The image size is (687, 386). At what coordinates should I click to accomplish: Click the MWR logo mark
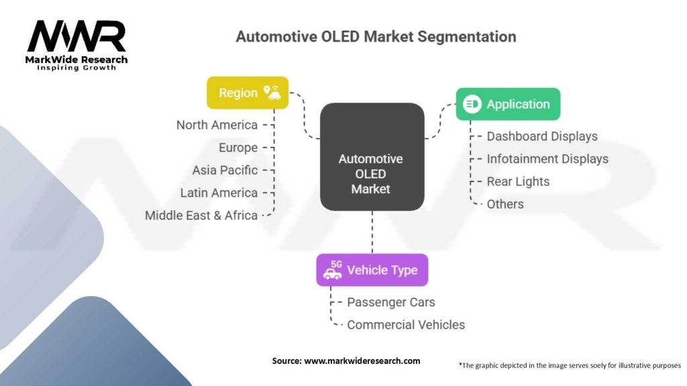[x=76, y=36]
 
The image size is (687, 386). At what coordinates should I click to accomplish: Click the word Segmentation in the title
[x=467, y=36]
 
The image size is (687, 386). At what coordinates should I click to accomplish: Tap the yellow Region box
[x=248, y=92]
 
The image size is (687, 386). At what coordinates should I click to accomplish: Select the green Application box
[x=508, y=104]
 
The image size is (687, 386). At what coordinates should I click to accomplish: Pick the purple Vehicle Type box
[x=372, y=270]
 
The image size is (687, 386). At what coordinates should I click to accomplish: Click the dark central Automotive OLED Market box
[x=372, y=157]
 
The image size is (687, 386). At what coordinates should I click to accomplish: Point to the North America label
[x=217, y=125]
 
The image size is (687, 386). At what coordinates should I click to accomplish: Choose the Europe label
[x=238, y=148]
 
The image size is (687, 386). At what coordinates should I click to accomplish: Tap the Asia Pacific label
[x=225, y=170]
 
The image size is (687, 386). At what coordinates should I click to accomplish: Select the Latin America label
[x=219, y=193]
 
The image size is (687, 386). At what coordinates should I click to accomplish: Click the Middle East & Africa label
[x=201, y=215]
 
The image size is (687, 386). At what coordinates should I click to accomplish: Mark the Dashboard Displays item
[x=542, y=137]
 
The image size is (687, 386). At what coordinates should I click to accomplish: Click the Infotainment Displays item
[x=547, y=159]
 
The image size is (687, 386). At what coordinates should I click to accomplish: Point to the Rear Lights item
[x=518, y=182]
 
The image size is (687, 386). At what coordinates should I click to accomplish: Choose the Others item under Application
[x=505, y=204]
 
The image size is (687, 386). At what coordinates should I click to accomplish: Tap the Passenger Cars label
[x=391, y=302]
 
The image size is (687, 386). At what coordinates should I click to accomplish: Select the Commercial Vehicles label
[x=406, y=325]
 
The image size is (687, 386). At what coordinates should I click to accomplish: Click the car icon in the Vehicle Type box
[x=333, y=271]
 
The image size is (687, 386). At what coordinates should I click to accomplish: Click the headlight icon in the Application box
[x=472, y=104]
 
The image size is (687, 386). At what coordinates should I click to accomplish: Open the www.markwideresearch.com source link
[x=362, y=361]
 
